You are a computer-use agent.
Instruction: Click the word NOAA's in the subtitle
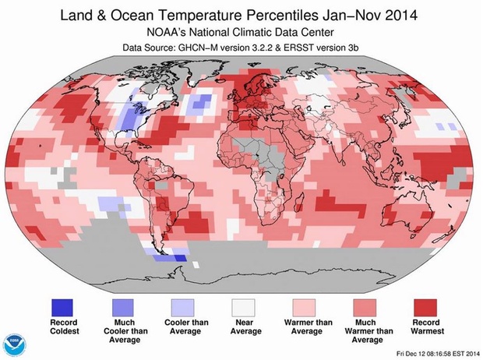click(x=169, y=34)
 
